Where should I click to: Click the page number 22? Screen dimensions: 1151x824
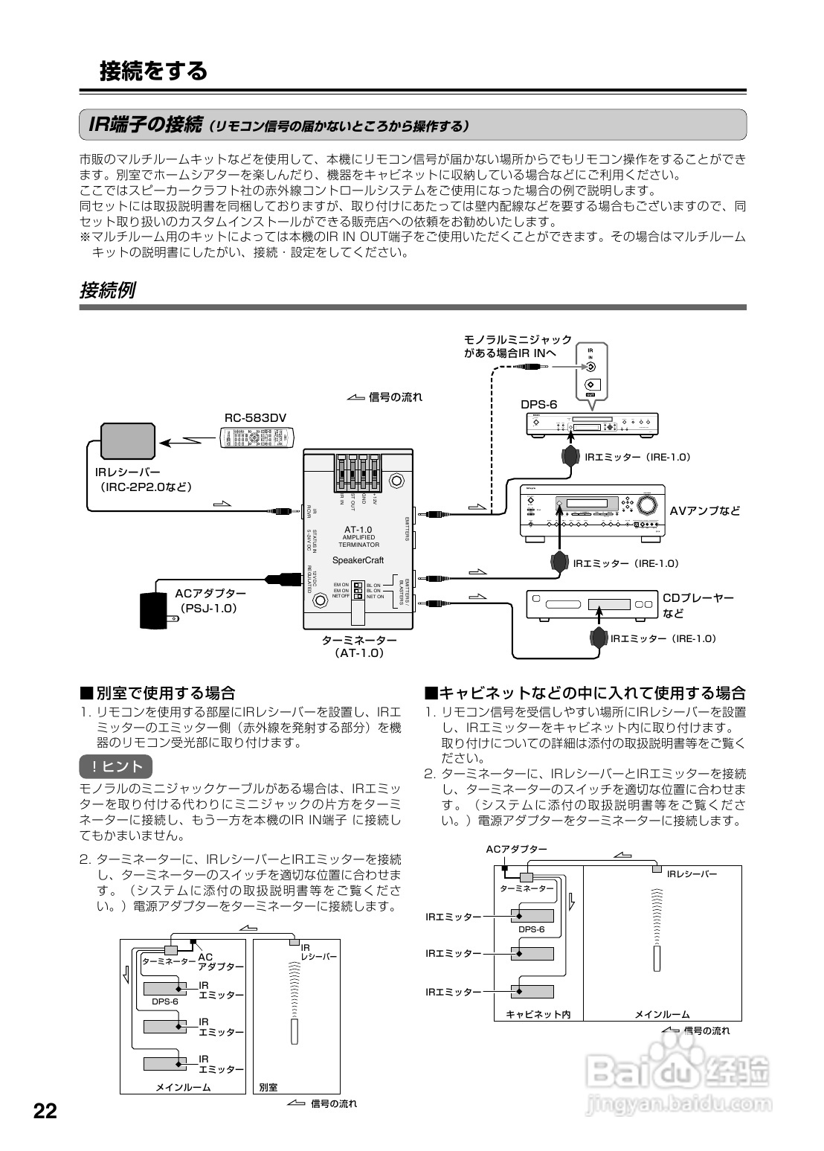click(x=45, y=1112)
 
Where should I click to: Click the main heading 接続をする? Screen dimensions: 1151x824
click(x=153, y=71)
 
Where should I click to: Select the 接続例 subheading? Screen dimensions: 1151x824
click(x=107, y=290)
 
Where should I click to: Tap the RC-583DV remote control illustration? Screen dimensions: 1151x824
click(x=256, y=439)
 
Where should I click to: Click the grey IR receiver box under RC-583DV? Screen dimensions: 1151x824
click(x=128, y=441)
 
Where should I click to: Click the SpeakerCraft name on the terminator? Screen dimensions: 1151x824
click(x=357, y=560)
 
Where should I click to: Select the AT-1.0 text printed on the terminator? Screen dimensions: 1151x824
click(x=358, y=529)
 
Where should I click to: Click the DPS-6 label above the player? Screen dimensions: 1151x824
click(x=538, y=405)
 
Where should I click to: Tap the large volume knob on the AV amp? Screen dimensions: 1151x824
click(x=648, y=504)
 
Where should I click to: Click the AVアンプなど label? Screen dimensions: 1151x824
click(x=705, y=510)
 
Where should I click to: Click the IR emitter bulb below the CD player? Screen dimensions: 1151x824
click(x=598, y=638)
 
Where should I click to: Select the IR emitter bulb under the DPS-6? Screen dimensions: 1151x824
click(x=571, y=456)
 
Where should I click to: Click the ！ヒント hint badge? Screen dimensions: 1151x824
click(x=115, y=766)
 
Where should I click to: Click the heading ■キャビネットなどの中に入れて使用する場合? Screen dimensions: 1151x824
click(x=585, y=693)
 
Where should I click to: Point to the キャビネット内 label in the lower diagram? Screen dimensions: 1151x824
click(x=538, y=1014)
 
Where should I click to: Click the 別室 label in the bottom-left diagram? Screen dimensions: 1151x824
click(x=268, y=1087)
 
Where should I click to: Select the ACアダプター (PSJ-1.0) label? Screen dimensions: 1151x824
click(x=210, y=600)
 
